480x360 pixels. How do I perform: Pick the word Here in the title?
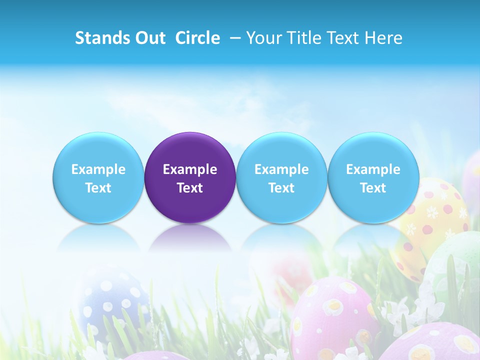pyautogui.click(x=384, y=38)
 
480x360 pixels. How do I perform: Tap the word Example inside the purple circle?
pyautogui.click(x=190, y=169)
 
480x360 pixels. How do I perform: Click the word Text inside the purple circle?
pyautogui.click(x=190, y=188)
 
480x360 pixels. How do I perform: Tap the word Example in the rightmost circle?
pyautogui.click(x=373, y=169)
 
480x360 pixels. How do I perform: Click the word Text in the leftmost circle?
pyautogui.click(x=98, y=188)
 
